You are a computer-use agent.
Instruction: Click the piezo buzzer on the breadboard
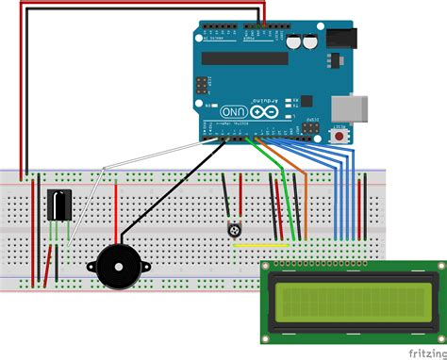(x=117, y=267)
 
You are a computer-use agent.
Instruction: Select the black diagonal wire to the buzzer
(x=170, y=188)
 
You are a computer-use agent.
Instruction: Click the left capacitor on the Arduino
(x=295, y=42)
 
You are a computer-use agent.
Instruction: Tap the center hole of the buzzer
(x=117, y=267)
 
